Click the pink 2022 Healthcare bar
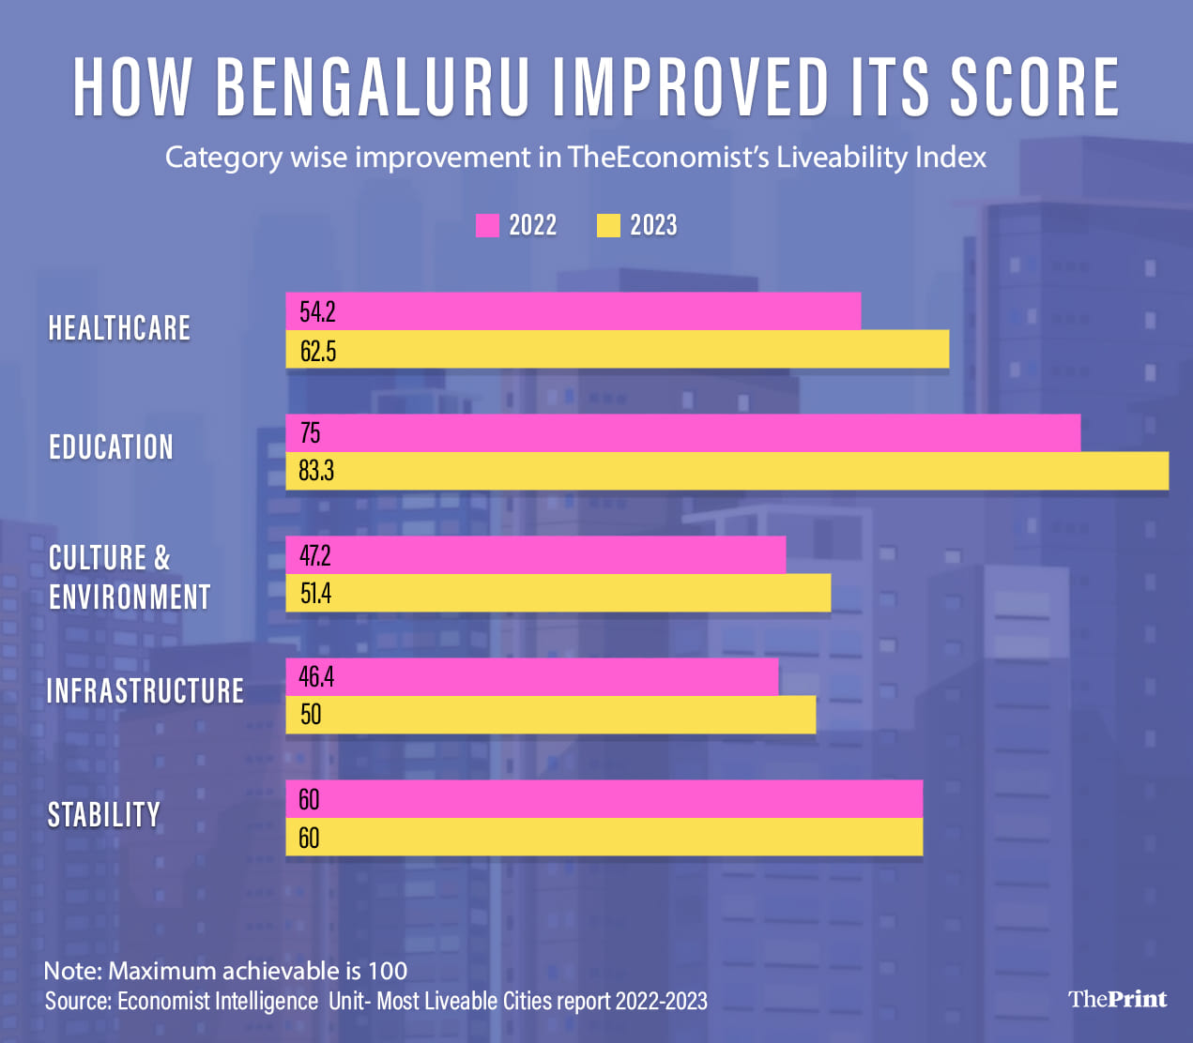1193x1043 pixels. (573, 311)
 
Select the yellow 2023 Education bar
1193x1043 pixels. (727, 471)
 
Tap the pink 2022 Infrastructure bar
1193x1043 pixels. (532, 677)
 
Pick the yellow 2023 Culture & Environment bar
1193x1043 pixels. (558, 594)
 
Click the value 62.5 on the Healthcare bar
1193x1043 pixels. (318, 351)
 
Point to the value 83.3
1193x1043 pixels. (316, 471)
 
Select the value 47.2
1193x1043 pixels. (314, 556)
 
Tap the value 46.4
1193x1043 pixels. (316, 677)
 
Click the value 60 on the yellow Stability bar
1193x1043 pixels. (309, 838)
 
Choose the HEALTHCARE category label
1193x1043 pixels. (119, 328)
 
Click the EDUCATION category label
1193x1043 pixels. (111, 447)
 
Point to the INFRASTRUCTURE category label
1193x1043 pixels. (145, 691)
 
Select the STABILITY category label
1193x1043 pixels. (104, 815)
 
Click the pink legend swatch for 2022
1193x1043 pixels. (487, 226)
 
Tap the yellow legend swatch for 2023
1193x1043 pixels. (608, 226)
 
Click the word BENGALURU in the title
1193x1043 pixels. (373, 87)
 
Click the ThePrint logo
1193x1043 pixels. (1117, 999)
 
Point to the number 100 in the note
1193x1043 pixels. (388, 971)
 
